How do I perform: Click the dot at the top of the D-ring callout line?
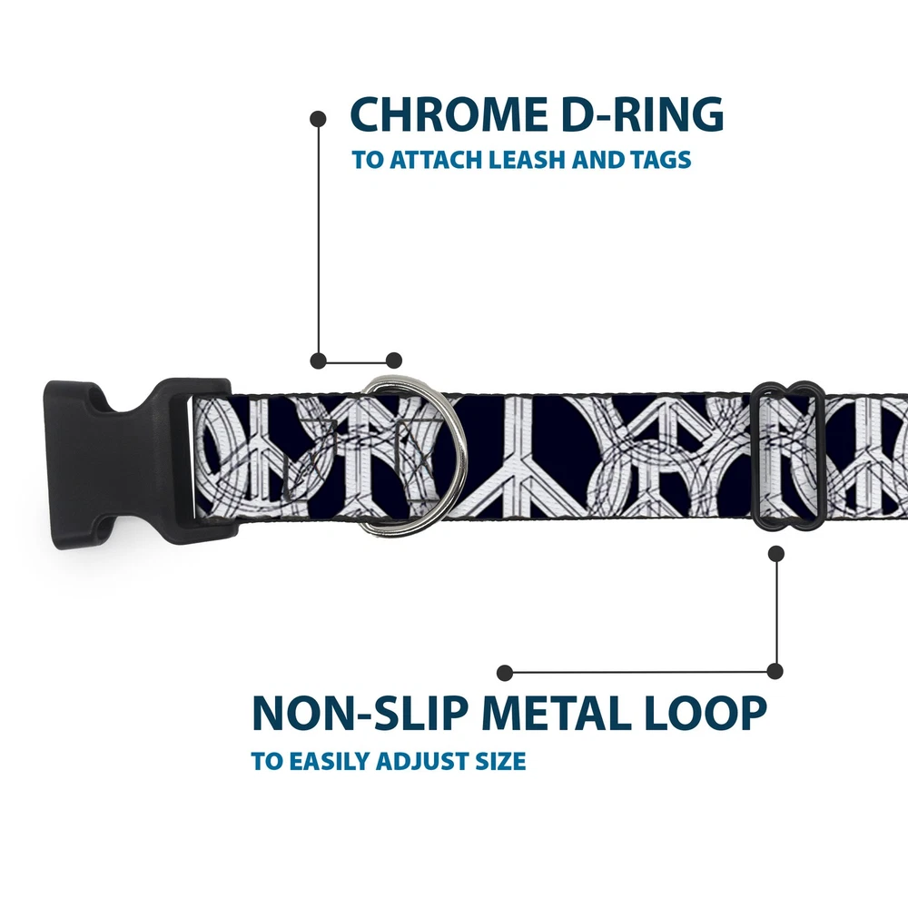318,118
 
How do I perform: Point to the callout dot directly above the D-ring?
393,360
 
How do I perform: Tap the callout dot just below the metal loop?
775,552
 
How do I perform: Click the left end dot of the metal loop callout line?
506,672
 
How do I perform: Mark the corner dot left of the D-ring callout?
318,360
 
